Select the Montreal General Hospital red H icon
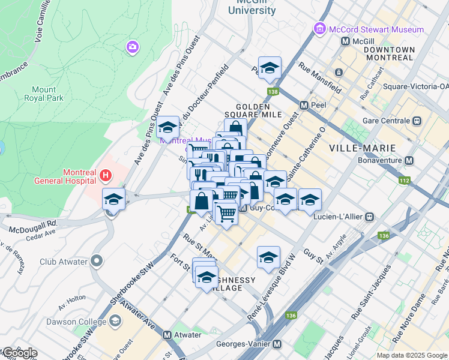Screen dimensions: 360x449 tap(106, 176)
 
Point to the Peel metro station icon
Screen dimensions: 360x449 tap(304, 105)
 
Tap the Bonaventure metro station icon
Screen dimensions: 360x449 tap(409, 161)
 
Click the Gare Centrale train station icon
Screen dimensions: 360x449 tap(418, 121)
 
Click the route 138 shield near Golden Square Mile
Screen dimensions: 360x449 tap(274, 92)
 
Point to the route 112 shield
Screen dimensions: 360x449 tap(404, 179)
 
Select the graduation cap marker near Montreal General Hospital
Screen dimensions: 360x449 tap(113, 199)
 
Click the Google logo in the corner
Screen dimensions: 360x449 tap(19, 353)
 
